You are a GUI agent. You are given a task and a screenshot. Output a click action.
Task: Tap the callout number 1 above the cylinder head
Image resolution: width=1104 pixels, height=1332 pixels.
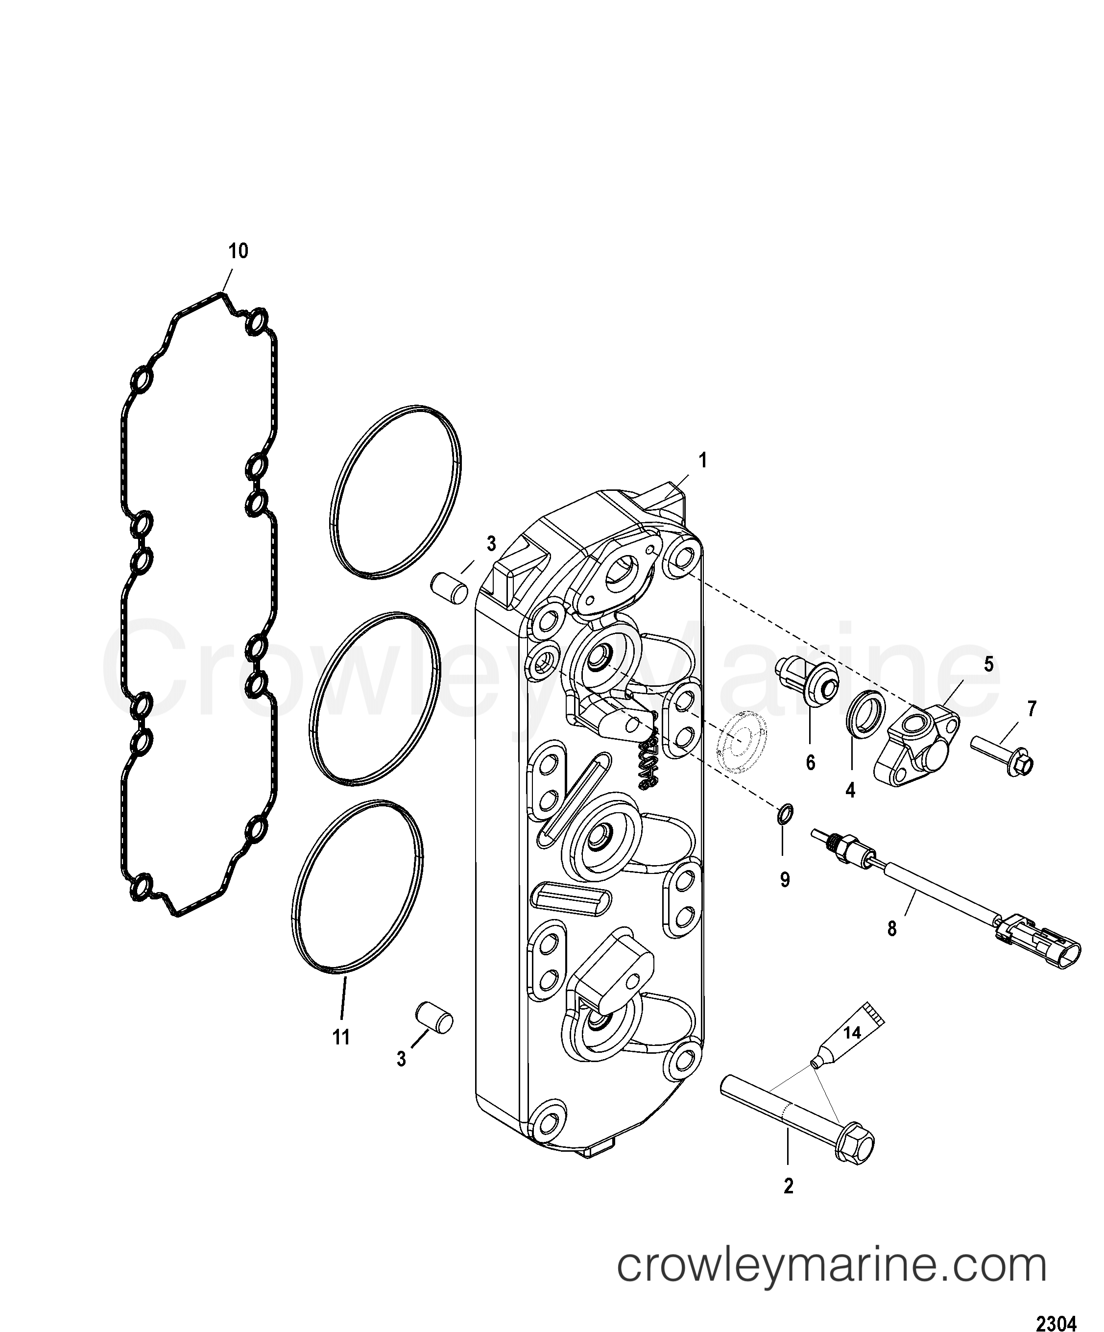click(x=702, y=461)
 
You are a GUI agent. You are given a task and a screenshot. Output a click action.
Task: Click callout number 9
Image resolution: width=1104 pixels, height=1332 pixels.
click(x=785, y=880)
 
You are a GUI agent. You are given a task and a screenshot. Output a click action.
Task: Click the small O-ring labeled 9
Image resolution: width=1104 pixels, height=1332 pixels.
click(x=784, y=814)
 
